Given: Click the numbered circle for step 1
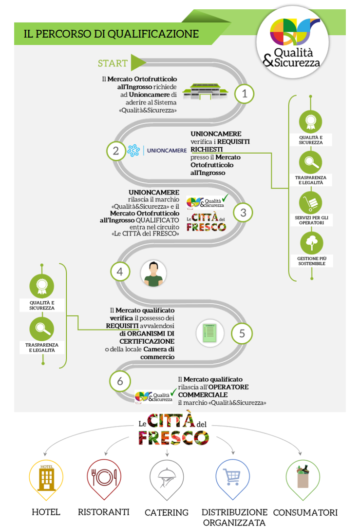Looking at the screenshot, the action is pos(244,94).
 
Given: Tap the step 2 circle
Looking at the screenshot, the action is pos(116,151).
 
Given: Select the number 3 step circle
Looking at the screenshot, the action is pos(243,213).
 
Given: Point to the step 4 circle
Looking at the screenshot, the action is pos(120,272).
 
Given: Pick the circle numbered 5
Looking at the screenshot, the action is pos(242,333).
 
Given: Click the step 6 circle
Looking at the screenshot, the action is pos(120,381).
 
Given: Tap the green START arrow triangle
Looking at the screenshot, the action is pos(138,62).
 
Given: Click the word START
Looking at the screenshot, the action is pos(113,63).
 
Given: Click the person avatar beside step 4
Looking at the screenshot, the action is pos(153,273).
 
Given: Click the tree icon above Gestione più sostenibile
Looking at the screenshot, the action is pos(312,243).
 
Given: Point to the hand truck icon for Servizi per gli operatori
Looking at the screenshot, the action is pos(311,203).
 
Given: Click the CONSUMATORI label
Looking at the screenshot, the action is pos(305,512).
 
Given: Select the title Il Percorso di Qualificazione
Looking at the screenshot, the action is pos(111,34).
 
